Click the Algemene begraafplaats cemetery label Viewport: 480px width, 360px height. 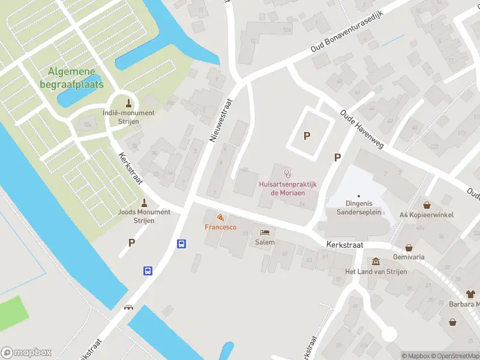click(x=76, y=78)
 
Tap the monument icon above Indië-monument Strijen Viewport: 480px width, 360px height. click(x=128, y=101)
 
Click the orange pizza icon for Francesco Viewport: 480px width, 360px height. click(x=220, y=217)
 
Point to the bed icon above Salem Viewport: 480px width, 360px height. click(x=265, y=232)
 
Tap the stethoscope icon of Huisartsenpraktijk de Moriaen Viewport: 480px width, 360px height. click(x=287, y=174)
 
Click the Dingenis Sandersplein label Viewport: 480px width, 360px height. click(x=358, y=208)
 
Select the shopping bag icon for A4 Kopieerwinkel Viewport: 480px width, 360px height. click(x=427, y=205)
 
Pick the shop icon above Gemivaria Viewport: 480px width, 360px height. click(x=409, y=247)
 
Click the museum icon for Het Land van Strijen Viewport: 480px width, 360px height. click(x=376, y=262)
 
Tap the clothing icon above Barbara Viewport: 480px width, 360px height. click(x=470, y=294)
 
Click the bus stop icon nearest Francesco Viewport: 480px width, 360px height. click(x=181, y=244)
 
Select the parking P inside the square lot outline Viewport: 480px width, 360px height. click(x=307, y=136)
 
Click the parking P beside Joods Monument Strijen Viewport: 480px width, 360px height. click(x=131, y=242)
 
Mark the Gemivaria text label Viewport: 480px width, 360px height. click(x=409, y=256)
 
